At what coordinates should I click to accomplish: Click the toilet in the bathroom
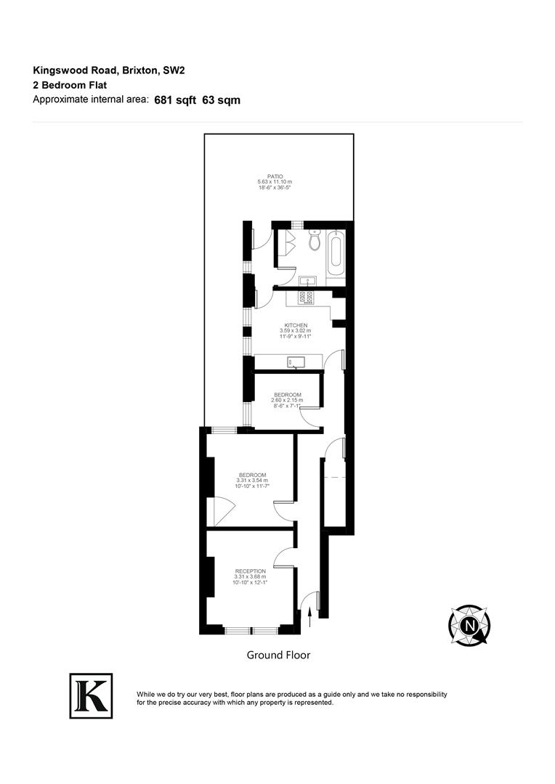point(315,240)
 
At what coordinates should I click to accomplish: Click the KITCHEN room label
point(296,325)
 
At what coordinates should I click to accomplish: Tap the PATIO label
point(275,176)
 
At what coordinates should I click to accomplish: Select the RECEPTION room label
point(250,571)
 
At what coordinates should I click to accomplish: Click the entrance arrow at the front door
point(310,616)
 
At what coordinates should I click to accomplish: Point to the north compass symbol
point(470,625)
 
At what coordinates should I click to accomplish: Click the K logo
point(91,695)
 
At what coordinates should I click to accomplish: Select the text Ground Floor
point(278,655)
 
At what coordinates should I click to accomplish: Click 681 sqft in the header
point(175,101)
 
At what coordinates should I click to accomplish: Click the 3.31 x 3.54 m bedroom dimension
point(252,481)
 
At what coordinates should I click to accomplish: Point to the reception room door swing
point(284,558)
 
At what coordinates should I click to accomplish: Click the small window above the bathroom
point(298,224)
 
